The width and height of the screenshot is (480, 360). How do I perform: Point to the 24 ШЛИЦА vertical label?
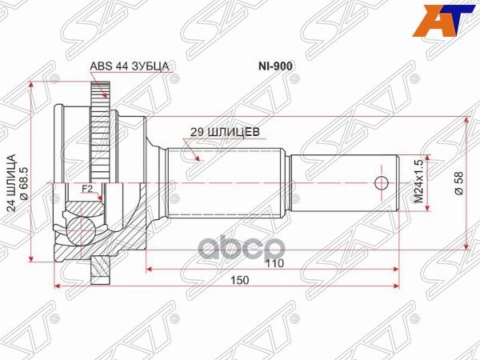[x=12, y=184]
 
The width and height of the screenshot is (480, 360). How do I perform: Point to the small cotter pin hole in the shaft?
[x=383, y=182]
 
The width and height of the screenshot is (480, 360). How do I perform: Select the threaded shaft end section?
[x=344, y=182]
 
